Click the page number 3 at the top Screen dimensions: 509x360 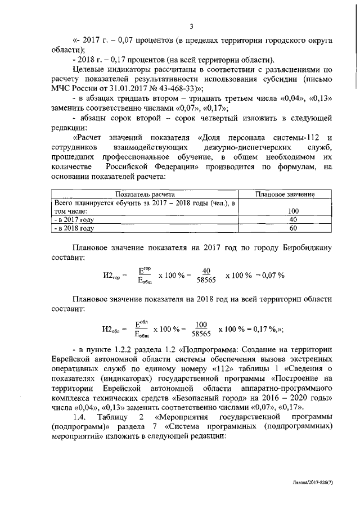(x=191, y=26)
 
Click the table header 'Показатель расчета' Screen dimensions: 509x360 (x=145, y=194)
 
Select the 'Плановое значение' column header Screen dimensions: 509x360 (x=285, y=194)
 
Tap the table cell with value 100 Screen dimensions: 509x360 (x=285, y=211)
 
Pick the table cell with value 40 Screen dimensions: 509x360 (x=285, y=220)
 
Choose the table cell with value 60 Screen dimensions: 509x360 (x=285, y=229)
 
